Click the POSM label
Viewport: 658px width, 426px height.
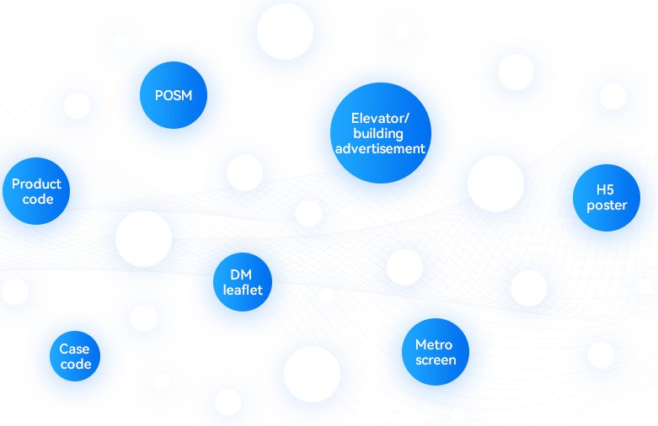(x=174, y=95)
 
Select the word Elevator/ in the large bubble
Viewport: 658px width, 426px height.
(x=380, y=118)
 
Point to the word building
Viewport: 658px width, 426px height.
(x=378, y=133)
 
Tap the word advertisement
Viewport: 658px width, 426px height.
(x=380, y=148)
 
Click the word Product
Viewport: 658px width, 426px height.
(x=36, y=184)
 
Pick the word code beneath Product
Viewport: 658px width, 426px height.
(x=37, y=200)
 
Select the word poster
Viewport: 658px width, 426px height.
(x=607, y=205)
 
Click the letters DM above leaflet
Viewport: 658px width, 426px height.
(x=242, y=274)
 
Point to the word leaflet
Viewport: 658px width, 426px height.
(x=243, y=290)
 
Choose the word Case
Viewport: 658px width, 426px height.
(x=74, y=349)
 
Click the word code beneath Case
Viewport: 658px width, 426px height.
(x=76, y=364)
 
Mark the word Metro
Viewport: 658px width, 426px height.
(x=434, y=344)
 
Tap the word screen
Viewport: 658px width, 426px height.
(x=436, y=359)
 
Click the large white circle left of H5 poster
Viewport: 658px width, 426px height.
(x=495, y=184)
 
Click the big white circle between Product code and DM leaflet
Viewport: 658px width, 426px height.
(x=143, y=238)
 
